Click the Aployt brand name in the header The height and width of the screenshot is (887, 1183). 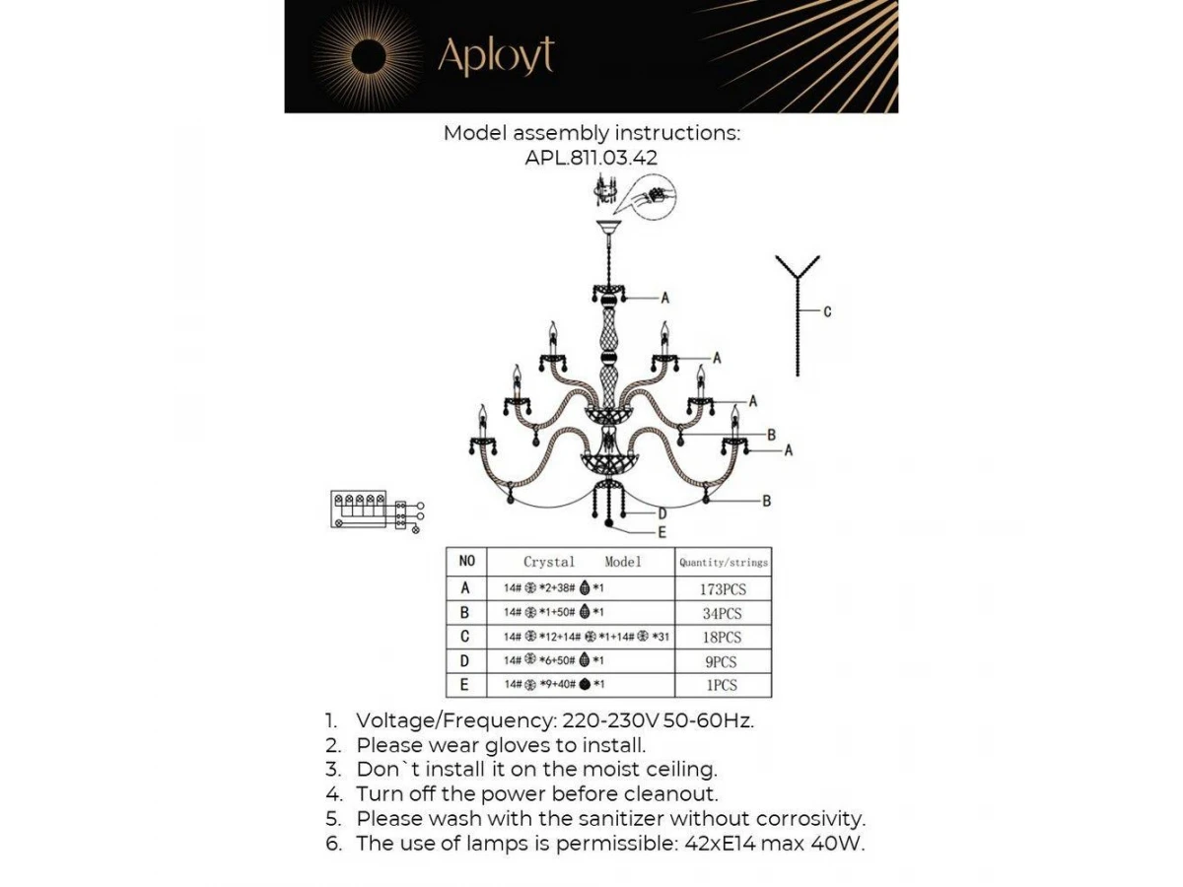point(496,56)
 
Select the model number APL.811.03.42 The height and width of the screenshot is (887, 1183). point(591,157)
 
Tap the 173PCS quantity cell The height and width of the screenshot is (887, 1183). point(724,589)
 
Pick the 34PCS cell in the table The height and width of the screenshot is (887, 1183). point(724,613)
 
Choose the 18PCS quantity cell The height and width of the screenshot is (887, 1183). point(724,638)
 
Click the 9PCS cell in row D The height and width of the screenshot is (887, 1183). point(724,661)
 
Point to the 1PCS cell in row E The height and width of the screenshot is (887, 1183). point(724,685)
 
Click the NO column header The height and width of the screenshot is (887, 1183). point(467,561)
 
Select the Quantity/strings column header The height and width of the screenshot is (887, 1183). point(724,562)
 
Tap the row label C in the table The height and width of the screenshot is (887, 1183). point(466,637)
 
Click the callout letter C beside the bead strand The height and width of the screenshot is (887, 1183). point(827,311)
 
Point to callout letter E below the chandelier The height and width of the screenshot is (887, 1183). point(662,531)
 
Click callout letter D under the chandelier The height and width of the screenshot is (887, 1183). point(662,512)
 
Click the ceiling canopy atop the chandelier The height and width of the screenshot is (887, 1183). point(607,232)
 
